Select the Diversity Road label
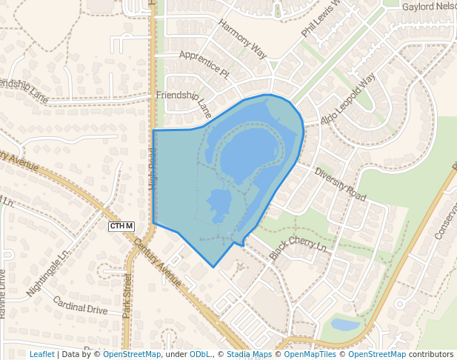pos(341,184)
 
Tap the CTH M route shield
pos(121,226)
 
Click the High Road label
pos(154,169)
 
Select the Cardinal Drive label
pos(80,304)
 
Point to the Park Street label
pos(127,296)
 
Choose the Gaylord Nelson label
pos(429,7)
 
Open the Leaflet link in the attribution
pos(41,354)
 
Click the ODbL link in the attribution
pos(199,354)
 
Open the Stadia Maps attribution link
pos(249,354)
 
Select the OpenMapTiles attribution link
pos(313,354)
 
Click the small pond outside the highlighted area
pos(344,324)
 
